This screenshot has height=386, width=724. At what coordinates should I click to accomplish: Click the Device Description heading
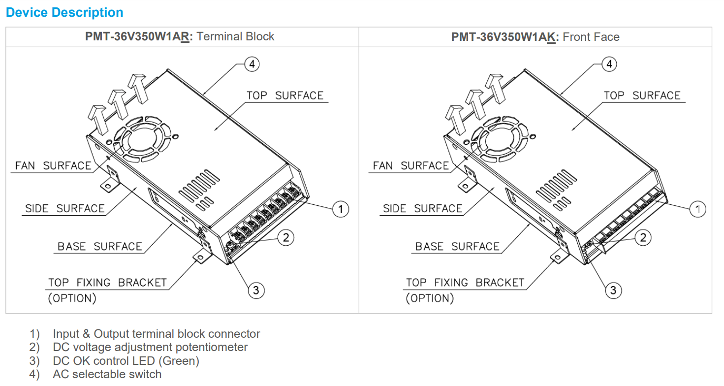point(64,12)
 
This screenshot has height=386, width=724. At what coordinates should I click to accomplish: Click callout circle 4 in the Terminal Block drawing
point(252,64)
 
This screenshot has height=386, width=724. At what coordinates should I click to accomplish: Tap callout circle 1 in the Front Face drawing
point(697,209)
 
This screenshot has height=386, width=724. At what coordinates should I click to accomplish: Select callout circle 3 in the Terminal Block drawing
point(256,290)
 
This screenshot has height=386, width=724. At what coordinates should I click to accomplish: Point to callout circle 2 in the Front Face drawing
point(643,238)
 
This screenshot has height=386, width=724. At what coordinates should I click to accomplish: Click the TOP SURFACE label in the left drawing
point(285,96)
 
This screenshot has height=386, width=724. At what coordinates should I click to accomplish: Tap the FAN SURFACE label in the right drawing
point(411,166)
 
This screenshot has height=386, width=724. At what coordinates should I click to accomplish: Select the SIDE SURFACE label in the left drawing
point(65,209)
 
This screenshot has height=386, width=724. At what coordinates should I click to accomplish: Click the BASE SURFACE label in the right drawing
point(457,246)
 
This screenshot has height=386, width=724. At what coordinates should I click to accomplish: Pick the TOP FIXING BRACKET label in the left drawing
point(108,283)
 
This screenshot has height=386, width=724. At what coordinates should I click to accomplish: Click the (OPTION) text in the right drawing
point(430,298)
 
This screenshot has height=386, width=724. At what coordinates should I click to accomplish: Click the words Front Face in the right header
point(591,37)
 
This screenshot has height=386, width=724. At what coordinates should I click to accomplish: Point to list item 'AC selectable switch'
point(107,374)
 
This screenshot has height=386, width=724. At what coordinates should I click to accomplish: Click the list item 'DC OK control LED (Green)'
point(126,361)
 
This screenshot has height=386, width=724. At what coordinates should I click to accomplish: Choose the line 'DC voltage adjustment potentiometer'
point(150,347)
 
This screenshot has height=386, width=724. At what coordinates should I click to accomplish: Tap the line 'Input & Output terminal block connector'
point(157,334)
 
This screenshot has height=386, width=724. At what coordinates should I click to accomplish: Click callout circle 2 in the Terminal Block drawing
point(285,238)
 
